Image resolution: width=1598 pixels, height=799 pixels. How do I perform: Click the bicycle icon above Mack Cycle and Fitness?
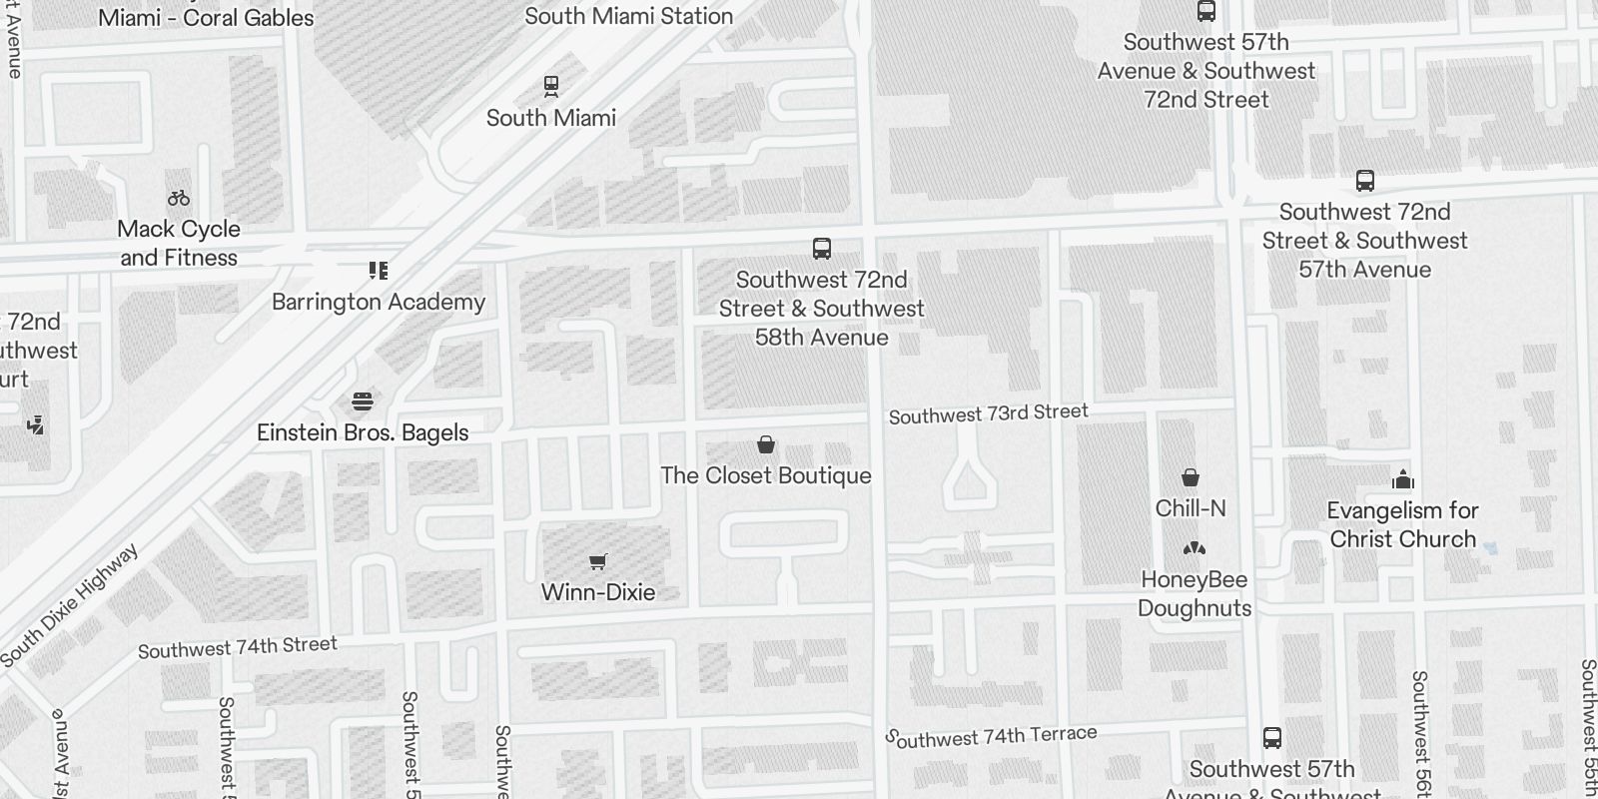[179, 198]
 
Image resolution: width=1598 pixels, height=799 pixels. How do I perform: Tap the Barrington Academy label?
[379, 302]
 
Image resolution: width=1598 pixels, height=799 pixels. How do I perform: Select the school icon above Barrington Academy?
[379, 271]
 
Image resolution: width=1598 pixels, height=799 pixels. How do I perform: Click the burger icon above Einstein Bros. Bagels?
[363, 401]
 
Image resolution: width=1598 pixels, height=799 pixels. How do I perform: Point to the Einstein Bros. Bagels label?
[363, 432]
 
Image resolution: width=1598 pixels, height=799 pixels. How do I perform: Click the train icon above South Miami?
[550, 86]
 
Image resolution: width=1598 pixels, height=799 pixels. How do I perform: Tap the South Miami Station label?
[628, 16]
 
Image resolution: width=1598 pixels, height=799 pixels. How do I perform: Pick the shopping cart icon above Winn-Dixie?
[597, 561]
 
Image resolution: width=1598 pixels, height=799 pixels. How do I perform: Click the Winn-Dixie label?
[597, 592]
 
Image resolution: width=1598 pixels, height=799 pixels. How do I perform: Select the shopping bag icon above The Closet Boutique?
[766, 444]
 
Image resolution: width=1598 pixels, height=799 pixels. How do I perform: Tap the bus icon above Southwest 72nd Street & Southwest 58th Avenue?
[821, 248]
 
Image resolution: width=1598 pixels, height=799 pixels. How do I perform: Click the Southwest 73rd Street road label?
[988, 413]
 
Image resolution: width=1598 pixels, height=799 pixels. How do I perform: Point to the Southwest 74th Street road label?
[238, 647]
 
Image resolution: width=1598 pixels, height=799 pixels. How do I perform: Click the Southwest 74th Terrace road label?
[992, 736]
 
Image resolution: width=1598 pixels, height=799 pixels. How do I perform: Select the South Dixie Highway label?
[70, 606]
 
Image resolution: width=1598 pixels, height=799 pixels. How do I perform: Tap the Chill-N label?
[1191, 508]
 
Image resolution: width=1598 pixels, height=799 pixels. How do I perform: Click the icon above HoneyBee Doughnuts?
[1194, 548]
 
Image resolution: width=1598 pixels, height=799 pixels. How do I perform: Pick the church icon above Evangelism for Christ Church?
[1402, 479]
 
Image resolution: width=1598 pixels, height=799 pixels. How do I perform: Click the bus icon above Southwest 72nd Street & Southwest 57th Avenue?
[1364, 181]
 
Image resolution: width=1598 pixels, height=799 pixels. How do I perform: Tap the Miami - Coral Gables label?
[206, 17]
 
